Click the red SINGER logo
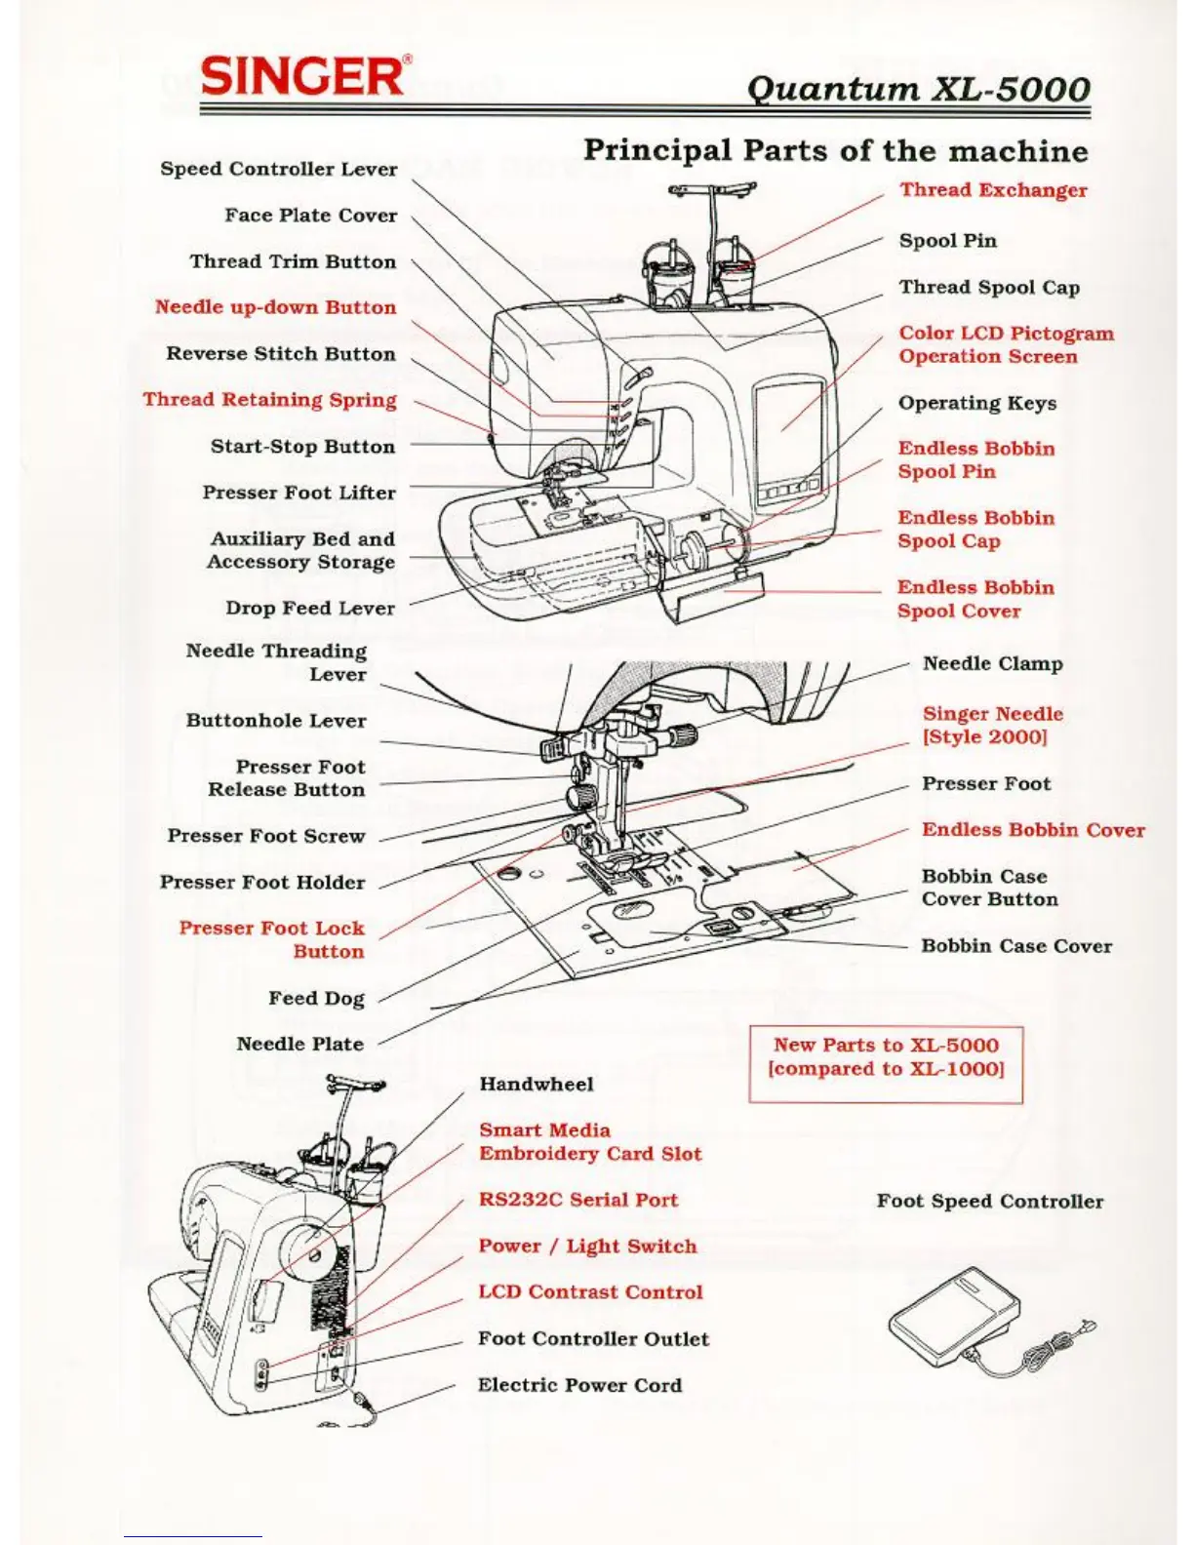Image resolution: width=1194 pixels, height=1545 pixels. (x=303, y=75)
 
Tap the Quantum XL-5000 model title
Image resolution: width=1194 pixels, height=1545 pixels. (x=918, y=89)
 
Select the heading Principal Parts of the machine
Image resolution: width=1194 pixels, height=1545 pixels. (x=835, y=151)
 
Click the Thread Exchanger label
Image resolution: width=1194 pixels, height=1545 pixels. (x=993, y=190)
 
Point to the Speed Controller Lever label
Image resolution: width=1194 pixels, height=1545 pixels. (x=278, y=169)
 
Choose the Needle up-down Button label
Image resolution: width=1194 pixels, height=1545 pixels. (x=275, y=307)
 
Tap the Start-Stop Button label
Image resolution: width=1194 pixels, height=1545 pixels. (x=302, y=447)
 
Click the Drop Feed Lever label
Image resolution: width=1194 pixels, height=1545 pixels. (x=309, y=608)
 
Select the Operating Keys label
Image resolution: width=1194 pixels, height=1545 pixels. (x=976, y=403)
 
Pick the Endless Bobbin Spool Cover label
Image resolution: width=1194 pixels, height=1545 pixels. (x=975, y=599)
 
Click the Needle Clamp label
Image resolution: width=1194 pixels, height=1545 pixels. (x=992, y=663)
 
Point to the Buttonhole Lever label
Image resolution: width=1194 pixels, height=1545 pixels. (x=276, y=721)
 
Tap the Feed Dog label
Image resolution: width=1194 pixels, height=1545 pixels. (x=316, y=998)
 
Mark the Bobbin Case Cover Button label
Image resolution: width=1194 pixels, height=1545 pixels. (x=989, y=888)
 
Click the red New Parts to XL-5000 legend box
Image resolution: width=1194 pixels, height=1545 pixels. (x=886, y=1064)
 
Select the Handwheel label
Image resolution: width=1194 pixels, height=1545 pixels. (x=536, y=1084)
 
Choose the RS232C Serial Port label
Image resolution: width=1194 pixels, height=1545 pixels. (x=577, y=1200)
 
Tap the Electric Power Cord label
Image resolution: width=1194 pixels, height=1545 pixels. (x=579, y=1385)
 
